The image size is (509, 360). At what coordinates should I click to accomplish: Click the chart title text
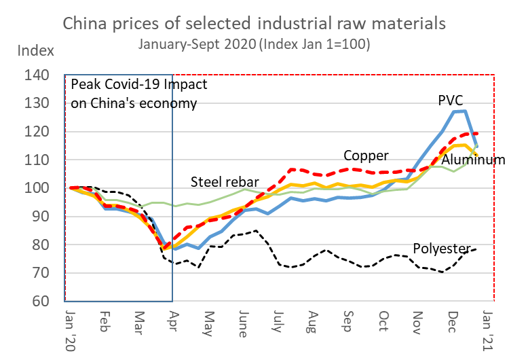(254, 23)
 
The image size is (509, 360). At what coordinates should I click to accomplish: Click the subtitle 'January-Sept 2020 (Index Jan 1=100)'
(254, 44)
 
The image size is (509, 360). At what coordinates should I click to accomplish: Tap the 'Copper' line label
(365, 155)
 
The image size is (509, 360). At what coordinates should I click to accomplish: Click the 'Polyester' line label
(441, 248)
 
